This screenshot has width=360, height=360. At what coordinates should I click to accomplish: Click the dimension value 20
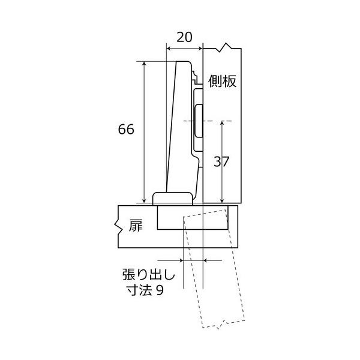(x=184, y=37)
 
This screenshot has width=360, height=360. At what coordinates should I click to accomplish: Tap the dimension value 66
(x=126, y=129)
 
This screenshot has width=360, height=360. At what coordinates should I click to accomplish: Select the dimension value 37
(x=221, y=161)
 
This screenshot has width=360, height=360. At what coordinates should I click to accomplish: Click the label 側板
(x=222, y=81)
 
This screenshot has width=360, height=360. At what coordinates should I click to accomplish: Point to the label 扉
(x=136, y=226)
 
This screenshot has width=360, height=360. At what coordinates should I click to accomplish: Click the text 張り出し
(x=149, y=275)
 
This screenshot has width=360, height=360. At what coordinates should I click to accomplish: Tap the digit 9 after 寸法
(x=160, y=290)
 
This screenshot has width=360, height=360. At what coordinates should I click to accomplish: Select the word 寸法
(x=140, y=290)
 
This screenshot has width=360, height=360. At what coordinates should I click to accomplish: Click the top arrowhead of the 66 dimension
(x=144, y=64)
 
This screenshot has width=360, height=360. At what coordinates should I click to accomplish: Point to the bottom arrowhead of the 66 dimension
(x=144, y=200)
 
